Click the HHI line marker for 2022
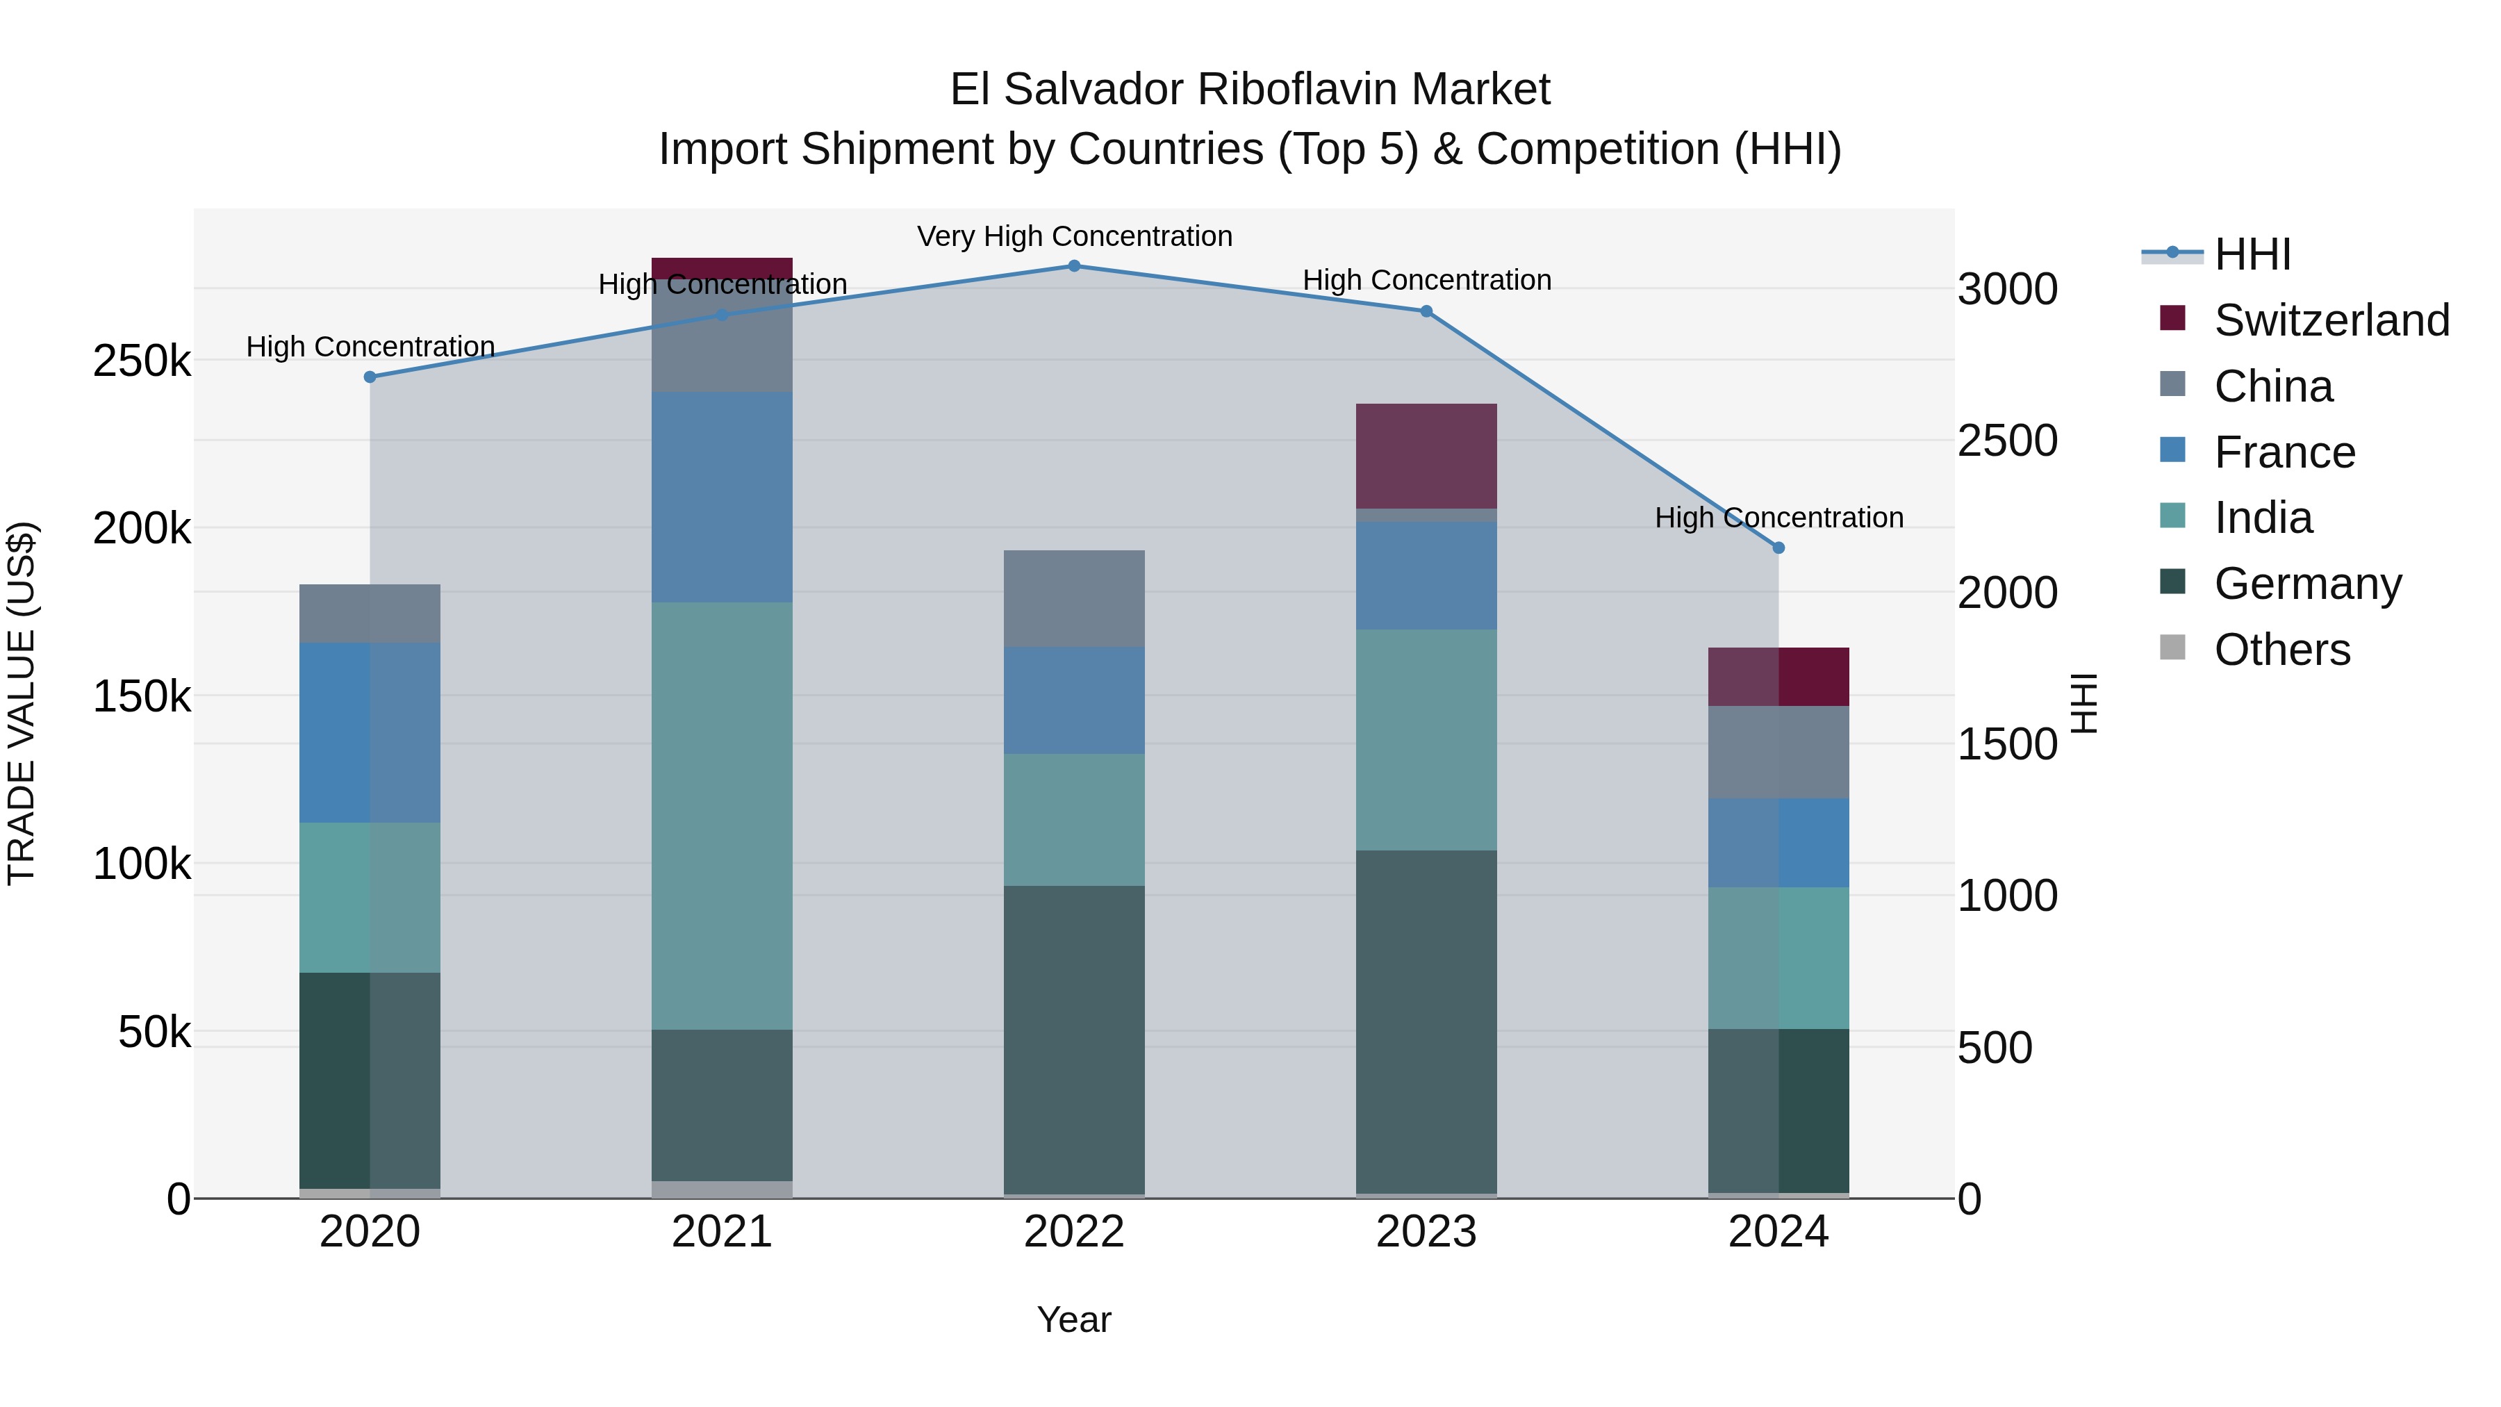(x=1074, y=266)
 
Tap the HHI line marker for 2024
(x=1778, y=548)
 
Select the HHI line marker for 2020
(x=370, y=377)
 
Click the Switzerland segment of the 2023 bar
(x=1426, y=456)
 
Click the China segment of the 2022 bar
(x=1074, y=598)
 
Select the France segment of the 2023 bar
(x=1426, y=576)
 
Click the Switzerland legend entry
(x=2330, y=320)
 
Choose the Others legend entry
(x=2281, y=650)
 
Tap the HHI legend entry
(x=2252, y=254)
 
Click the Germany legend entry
(x=2306, y=584)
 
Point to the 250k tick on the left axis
(x=142, y=361)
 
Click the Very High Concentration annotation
(x=1074, y=236)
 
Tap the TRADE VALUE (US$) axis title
(x=22, y=703)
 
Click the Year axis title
(x=1074, y=1319)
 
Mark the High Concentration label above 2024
(x=1778, y=518)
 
